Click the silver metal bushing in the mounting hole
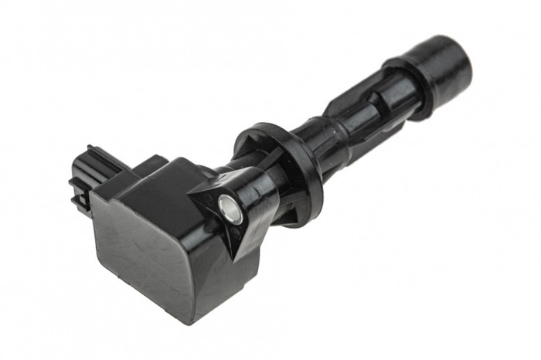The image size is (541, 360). pos(230,207)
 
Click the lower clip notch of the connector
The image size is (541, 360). pos(78,202)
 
